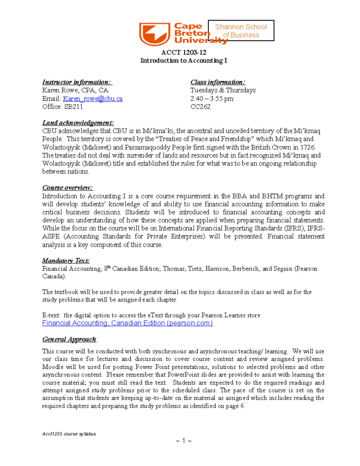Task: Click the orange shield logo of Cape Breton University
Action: click(154, 34)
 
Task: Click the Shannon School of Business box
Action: click(241, 31)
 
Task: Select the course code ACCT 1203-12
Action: click(184, 53)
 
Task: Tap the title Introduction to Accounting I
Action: click(184, 61)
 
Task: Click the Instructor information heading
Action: click(77, 82)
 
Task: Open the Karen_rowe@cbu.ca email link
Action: click(92, 99)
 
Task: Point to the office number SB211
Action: click(73, 107)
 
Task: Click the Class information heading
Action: click(218, 82)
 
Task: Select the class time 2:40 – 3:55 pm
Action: click(212, 99)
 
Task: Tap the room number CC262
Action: click(200, 107)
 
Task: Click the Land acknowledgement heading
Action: click(78, 123)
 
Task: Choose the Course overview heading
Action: click(67, 188)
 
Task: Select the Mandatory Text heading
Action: click(66, 260)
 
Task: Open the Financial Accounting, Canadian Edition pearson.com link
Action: click(127, 323)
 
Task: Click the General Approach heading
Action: click(69, 339)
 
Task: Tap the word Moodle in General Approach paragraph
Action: click(53, 367)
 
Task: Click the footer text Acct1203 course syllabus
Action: click(69, 434)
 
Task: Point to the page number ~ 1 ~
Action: click(184, 441)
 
